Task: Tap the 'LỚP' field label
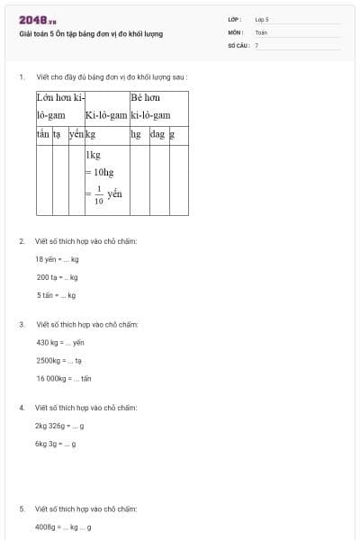pos(235,19)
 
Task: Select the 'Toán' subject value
pos(261,31)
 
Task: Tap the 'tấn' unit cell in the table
pos(43,134)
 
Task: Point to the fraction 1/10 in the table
pos(100,195)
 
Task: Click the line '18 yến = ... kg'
pos(57,259)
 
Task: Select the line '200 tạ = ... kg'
pos(57,277)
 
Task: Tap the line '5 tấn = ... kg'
pos(56,294)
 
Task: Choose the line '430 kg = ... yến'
pos(60,342)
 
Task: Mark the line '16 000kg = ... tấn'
pos(64,378)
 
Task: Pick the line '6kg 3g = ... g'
pos(56,444)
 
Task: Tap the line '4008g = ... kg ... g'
pos(63,526)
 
